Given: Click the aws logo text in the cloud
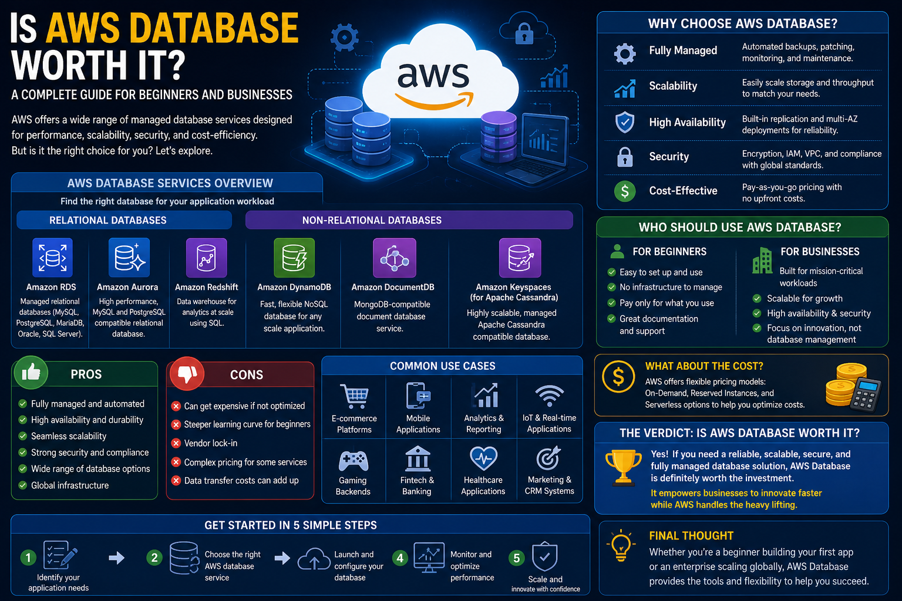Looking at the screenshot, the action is (x=433, y=76).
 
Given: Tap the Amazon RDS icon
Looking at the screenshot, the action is (x=52, y=258).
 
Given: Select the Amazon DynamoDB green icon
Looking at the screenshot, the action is (x=294, y=258).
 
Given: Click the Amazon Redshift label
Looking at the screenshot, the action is (x=207, y=287).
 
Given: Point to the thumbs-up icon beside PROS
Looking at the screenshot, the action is (x=31, y=373).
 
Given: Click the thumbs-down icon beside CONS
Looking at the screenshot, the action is (x=187, y=373).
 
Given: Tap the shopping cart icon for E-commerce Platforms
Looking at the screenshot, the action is (x=354, y=396).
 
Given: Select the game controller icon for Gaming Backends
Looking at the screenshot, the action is (x=353, y=460).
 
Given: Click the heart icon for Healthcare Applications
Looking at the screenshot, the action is (x=483, y=458).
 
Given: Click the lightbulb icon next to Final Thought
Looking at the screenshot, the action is (x=621, y=546).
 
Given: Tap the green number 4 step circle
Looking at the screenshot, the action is (x=400, y=558).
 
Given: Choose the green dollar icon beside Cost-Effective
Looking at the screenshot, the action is (x=625, y=191).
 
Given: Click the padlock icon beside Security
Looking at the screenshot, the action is (x=625, y=157).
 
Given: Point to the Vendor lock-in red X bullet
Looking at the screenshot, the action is (x=176, y=443).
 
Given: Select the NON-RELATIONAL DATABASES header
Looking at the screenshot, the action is (x=372, y=220).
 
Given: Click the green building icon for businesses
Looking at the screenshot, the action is (x=762, y=260).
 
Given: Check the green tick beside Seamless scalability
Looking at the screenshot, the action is (x=23, y=436).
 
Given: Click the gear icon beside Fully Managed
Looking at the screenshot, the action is (x=625, y=53).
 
